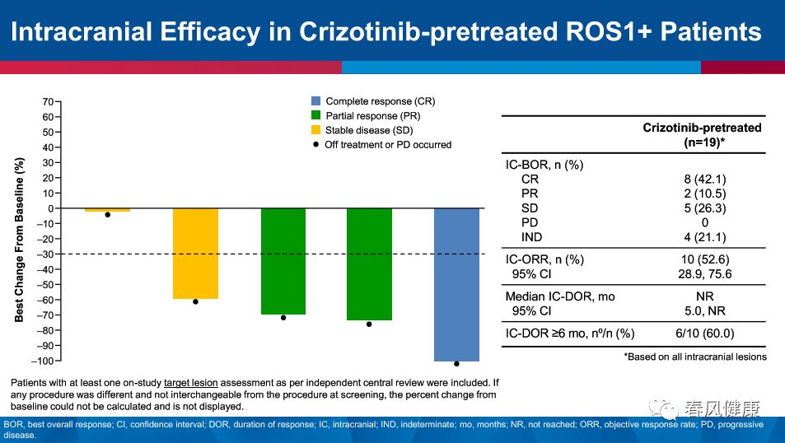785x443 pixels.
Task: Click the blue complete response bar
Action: pyautogui.click(x=456, y=284)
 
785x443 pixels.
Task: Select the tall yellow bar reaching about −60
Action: pyautogui.click(x=195, y=254)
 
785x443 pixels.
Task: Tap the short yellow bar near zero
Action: pyautogui.click(x=107, y=210)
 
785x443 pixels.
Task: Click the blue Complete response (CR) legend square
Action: pyautogui.click(x=315, y=101)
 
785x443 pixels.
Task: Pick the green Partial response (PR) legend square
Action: pyautogui.click(x=315, y=116)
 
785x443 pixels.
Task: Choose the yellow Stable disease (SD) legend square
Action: pyautogui.click(x=315, y=130)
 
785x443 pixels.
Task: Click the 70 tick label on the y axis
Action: pyautogui.click(x=47, y=102)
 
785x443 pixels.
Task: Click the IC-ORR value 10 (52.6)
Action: pyautogui.click(x=702, y=259)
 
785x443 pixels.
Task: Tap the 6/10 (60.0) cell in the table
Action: pyautogui.click(x=702, y=333)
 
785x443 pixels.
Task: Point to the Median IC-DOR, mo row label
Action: pyautogui.click(x=559, y=296)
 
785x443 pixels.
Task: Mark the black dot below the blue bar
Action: pyautogui.click(x=456, y=363)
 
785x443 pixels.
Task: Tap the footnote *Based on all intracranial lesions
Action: pyautogui.click(x=695, y=357)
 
